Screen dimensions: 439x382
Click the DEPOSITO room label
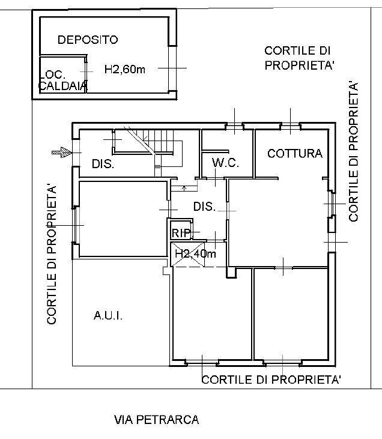(88, 40)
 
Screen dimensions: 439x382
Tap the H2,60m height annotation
(125, 70)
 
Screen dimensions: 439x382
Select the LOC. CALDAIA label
(62, 80)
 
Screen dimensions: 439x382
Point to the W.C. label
(226, 163)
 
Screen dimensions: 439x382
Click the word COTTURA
(295, 153)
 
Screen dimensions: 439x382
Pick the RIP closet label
(181, 232)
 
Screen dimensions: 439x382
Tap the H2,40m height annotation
(195, 253)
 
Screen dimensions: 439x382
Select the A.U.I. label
(108, 315)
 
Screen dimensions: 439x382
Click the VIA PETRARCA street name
(156, 420)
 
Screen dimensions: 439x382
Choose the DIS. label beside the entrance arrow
(103, 164)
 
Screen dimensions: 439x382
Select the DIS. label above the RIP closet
(204, 207)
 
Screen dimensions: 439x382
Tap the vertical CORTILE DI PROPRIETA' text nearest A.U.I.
(52, 255)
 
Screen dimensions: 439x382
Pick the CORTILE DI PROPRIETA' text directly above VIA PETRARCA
(271, 380)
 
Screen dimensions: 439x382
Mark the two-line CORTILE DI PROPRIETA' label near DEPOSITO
(299, 58)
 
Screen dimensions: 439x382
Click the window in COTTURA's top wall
(290, 126)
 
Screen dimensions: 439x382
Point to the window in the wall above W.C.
(234, 126)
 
